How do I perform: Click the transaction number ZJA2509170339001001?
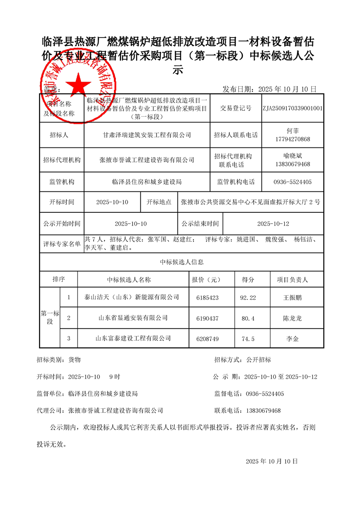[x=293, y=108]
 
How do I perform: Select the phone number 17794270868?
[x=293, y=139]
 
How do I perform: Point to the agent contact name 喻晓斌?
[x=293, y=155]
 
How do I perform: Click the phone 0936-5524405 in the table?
[x=293, y=182]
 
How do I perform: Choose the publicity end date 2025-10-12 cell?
[x=273, y=224]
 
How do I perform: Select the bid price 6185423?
[x=207, y=298]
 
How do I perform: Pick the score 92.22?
[x=248, y=298]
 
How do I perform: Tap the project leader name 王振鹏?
[x=292, y=298]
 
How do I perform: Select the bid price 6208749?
[x=207, y=338]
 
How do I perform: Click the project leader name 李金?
[x=292, y=338]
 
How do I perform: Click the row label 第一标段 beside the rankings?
[x=50, y=318]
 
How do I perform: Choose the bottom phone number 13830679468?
[x=263, y=411]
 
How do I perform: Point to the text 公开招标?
[x=258, y=360]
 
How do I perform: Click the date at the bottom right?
[x=271, y=461]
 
